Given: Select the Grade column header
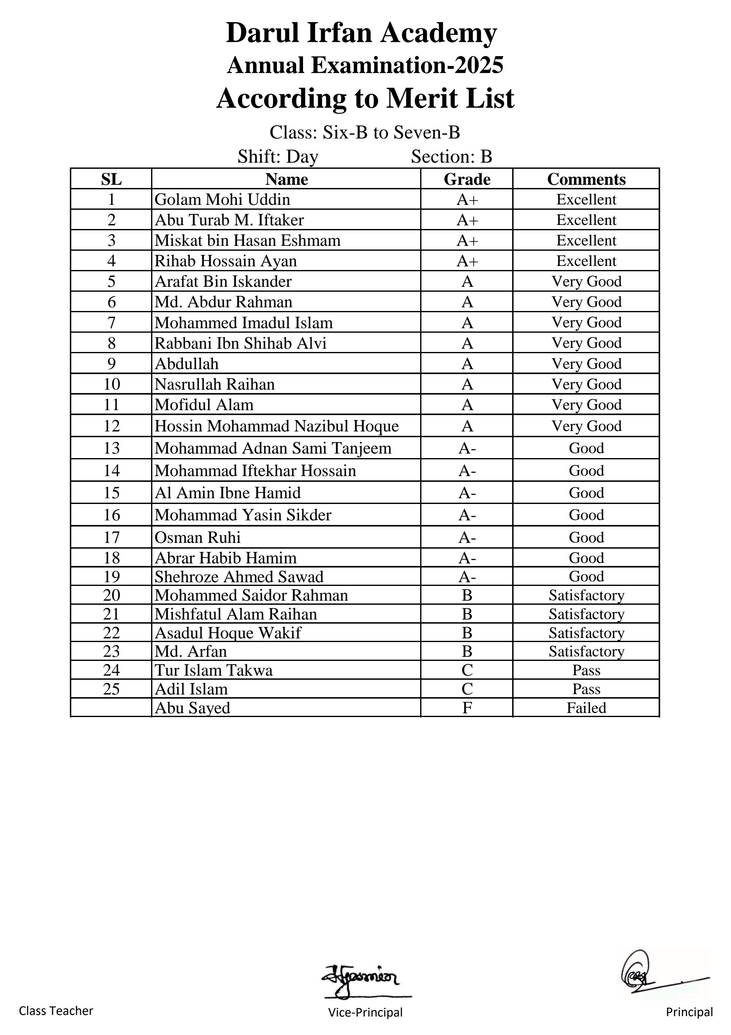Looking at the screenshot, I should (467, 179).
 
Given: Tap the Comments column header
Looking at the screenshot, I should (586, 179).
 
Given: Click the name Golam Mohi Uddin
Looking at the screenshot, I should (222, 199).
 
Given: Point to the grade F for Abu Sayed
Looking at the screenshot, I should (467, 708).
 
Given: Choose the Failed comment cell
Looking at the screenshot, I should (586, 708).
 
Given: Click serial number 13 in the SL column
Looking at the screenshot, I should (111, 448).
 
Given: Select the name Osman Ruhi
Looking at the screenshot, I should (197, 537).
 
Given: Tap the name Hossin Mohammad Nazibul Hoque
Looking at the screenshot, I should (276, 426).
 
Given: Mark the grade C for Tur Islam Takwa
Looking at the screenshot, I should (467, 670).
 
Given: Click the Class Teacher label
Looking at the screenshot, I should (56, 1011).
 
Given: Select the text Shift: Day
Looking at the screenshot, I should (278, 157).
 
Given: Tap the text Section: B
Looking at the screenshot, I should (451, 157).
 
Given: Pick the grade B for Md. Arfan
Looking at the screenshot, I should (467, 651).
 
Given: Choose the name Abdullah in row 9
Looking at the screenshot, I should (186, 364).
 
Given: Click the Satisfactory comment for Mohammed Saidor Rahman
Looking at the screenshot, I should (586, 595).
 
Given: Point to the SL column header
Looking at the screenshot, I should (111, 179).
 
